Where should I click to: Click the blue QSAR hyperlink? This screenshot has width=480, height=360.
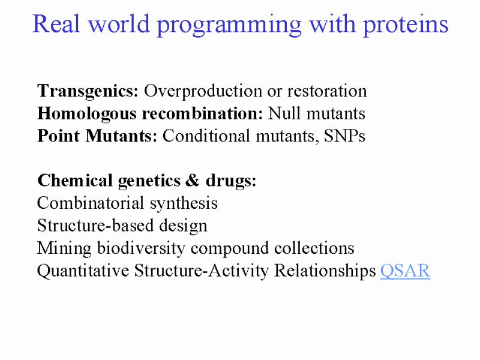coord(406,271)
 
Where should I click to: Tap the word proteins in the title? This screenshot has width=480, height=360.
coord(406,25)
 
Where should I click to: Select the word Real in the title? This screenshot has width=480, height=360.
coord(56,23)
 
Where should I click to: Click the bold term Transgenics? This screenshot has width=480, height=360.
coord(88,91)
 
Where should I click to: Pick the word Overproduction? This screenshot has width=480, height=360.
coord(203,91)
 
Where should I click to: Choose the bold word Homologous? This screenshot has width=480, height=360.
coord(86,114)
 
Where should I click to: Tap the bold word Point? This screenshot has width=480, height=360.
coord(58,136)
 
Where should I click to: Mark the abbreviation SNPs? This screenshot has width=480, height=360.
coord(344,136)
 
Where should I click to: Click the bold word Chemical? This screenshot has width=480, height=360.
coord(75,181)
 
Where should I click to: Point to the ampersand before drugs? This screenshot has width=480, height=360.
coord(192,181)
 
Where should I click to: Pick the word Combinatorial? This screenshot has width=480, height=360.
coord(91,203)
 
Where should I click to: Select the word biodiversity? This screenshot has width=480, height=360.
coord(141,248)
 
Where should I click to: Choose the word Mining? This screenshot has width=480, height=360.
coord(64,248)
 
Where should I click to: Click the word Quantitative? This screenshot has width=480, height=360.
coord(83,271)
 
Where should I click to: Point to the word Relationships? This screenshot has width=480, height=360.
coord(325,271)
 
